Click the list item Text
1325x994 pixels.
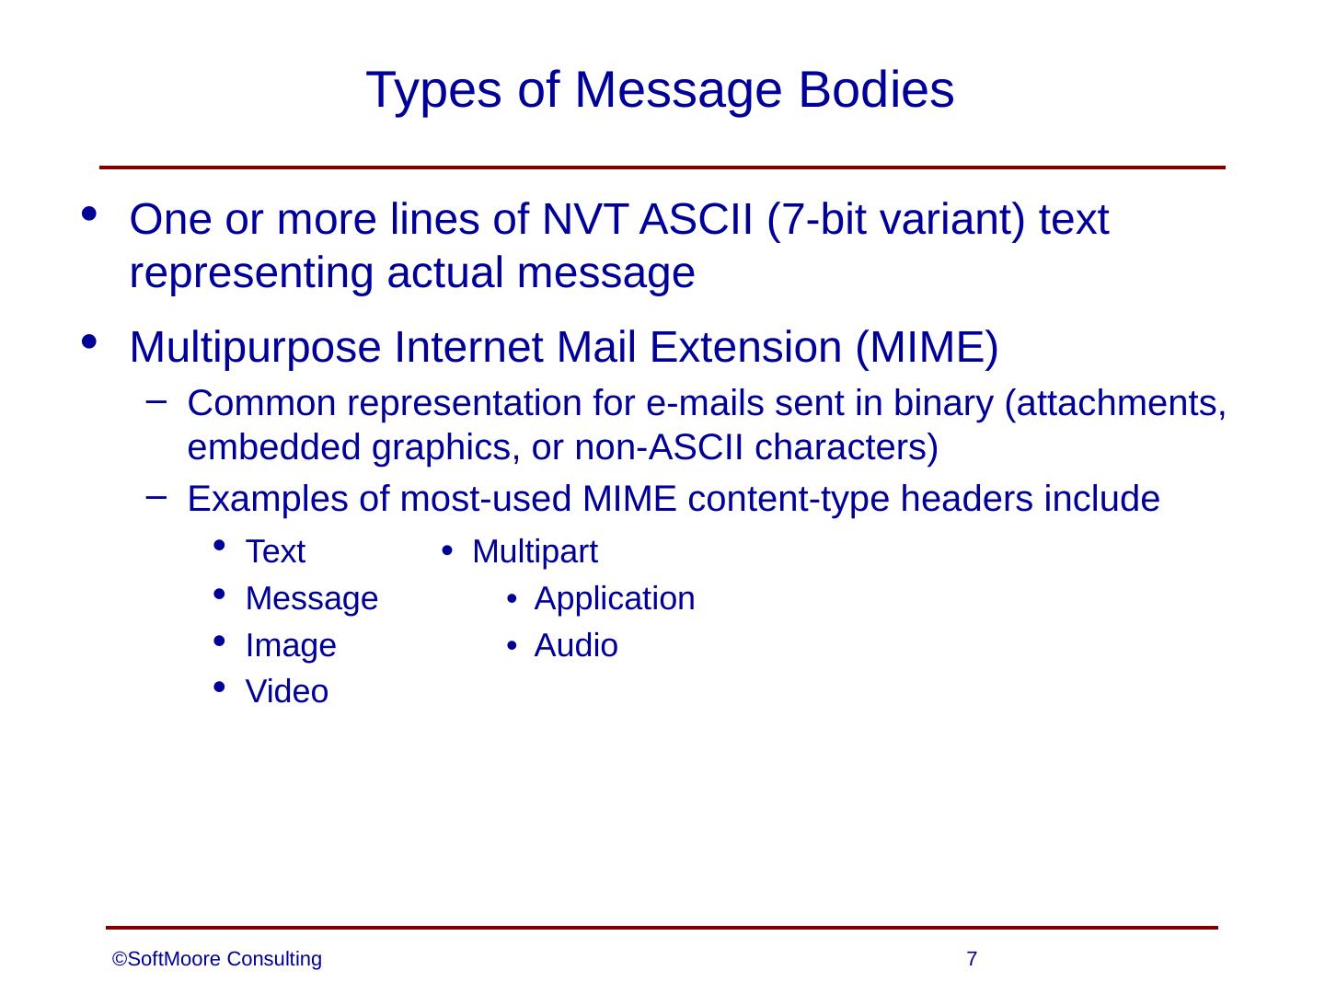[x=275, y=552]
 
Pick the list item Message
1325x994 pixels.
[x=311, y=599]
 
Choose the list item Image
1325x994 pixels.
[x=291, y=646]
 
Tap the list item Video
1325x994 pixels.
[x=286, y=692]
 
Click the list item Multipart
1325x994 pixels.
[x=535, y=552]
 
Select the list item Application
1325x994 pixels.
[x=614, y=599]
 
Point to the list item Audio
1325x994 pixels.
[x=576, y=646]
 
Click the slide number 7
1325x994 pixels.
[x=972, y=960]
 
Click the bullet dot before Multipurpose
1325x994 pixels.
[x=89, y=342]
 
